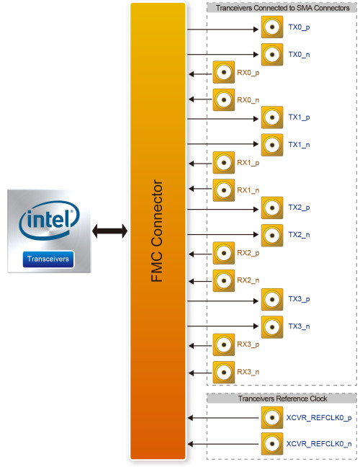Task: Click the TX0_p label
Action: pyautogui.click(x=299, y=27)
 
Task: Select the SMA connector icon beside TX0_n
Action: pyautogui.click(x=272, y=55)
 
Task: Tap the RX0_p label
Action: pyautogui.click(x=248, y=73)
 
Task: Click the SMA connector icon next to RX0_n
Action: pyautogui.click(x=224, y=99)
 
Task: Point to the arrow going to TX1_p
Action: pyautogui.click(x=223, y=119)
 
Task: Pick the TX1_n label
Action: pyautogui.click(x=299, y=145)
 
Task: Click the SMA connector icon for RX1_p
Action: pyautogui.click(x=224, y=163)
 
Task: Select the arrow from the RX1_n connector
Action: pyautogui.click(x=200, y=189)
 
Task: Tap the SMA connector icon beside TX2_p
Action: pyautogui.click(x=272, y=208)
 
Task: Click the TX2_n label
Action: pyautogui.click(x=299, y=235)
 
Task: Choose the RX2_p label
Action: pyautogui.click(x=248, y=253)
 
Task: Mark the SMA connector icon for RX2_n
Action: pyautogui.click(x=224, y=280)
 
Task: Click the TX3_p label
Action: pyautogui.click(x=299, y=299)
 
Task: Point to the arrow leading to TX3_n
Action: pyautogui.click(x=223, y=326)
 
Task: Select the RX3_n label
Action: pyautogui.click(x=248, y=372)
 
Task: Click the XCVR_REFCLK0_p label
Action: pyautogui.click(x=319, y=418)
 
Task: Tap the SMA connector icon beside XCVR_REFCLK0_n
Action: pyautogui.click(x=272, y=444)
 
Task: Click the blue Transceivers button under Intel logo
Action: pyautogui.click(x=48, y=259)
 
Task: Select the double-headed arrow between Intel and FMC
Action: pyautogui.click(x=109, y=231)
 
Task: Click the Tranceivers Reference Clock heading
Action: pyautogui.click(x=282, y=399)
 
